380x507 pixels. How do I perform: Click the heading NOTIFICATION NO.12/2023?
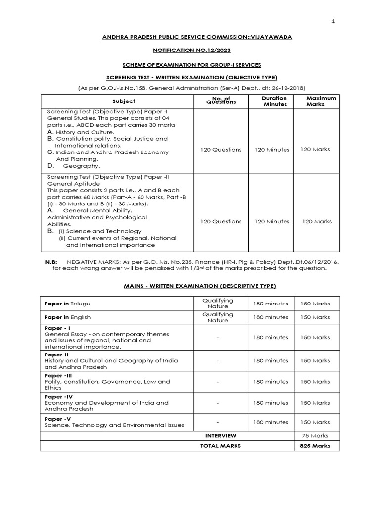pos(190,51)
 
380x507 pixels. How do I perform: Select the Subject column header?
pos(117,101)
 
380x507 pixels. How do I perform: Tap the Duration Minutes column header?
pos(274,101)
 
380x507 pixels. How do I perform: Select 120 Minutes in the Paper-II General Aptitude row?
pos(272,221)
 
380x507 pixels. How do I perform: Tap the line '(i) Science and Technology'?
pos(100,231)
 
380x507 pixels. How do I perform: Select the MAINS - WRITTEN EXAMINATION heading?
pos(190,286)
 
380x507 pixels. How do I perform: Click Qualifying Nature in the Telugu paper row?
pos(218,303)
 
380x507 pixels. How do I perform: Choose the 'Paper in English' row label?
pos(67,317)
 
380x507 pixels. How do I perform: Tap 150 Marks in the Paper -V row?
pos(315,422)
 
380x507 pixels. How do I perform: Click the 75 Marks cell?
pos(315,436)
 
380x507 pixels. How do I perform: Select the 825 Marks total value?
pos(315,446)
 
